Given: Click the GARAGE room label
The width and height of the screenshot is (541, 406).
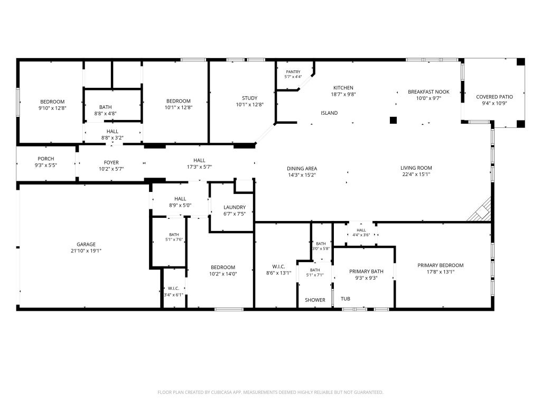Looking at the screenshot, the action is click(x=86, y=244).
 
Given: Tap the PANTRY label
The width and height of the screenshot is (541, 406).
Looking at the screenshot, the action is click(x=293, y=72).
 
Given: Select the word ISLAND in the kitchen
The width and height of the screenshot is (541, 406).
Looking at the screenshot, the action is click(x=329, y=113).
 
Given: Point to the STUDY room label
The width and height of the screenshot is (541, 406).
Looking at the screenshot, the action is click(x=249, y=98).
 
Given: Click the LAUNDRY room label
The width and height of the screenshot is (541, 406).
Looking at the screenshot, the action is click(x=235, y=207).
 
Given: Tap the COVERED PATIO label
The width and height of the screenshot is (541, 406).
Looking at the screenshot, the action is click(x=495, y=97).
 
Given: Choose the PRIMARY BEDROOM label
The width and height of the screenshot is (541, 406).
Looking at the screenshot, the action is click(x=441, y=265).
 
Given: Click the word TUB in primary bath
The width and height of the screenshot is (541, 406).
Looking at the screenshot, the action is click(x=346, y=299).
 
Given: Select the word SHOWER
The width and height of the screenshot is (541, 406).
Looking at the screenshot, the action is click(x=315, y=300).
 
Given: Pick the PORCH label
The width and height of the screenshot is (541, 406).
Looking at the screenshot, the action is click(x=46, y=159).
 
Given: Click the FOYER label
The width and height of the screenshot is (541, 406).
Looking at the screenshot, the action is click(x=111, y=162).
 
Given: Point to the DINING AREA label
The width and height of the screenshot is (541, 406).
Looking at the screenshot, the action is click(x=302, y=169).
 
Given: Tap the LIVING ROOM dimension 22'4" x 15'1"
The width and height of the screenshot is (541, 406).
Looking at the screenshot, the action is click(x=416, y=174).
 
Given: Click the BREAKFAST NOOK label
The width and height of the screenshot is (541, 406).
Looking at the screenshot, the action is click(x=428, y=92).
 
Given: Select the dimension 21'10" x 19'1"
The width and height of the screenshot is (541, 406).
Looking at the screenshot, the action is click(x=86, y=251).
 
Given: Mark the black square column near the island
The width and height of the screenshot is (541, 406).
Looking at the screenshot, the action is click(x=393, y=120).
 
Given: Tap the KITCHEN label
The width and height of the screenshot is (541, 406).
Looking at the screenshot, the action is click(x=343, y=88).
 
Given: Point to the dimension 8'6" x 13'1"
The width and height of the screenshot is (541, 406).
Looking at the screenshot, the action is click(x=279, y=273).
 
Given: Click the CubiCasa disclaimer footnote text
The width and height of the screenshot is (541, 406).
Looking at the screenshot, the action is click(x=270, y=392).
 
